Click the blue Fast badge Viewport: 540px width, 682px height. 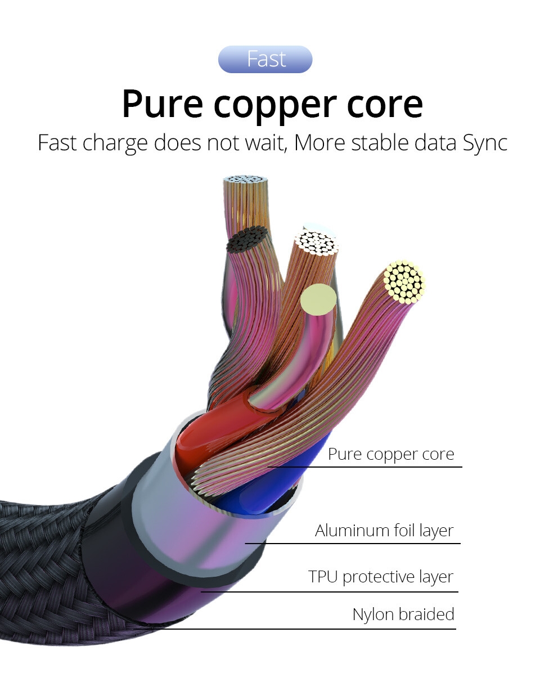pyautogui.click(x=265, y=59)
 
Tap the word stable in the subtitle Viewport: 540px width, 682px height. pyautogui.click(x=379, y=142)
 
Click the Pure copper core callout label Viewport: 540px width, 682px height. pyautogui.click(x=391, y=454)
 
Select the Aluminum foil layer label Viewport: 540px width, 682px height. pyautogui.click(x=384, y=531)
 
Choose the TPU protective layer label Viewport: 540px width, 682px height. pyautogui.click(x=381, y=577)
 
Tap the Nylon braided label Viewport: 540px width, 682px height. pyautogui.click(x=403, y=614)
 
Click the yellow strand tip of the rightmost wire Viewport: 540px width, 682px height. pyautogui.click(x=404, y=281)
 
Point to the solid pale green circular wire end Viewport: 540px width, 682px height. pyautogui.click(x=318, y=299)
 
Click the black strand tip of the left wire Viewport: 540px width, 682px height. pyautogui.click(x=246, y=239)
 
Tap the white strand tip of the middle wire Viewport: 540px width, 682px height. pyautogui.click(x=316, y=243)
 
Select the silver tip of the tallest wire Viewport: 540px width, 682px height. pyautogui.click(x=245, y=180)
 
